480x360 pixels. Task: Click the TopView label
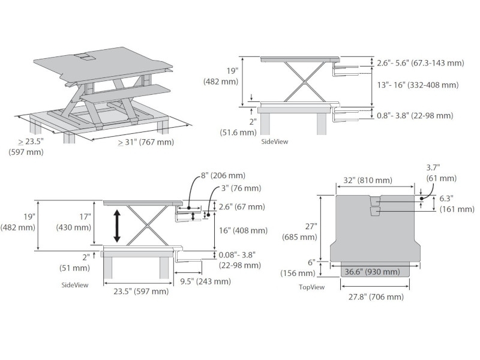click(311, 287)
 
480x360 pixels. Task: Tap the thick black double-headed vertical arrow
click(117, 226)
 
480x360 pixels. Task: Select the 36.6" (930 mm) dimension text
click(372, 272)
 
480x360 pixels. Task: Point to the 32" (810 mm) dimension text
click(367, 181)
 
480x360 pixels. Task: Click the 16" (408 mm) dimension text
click(244, 230)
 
